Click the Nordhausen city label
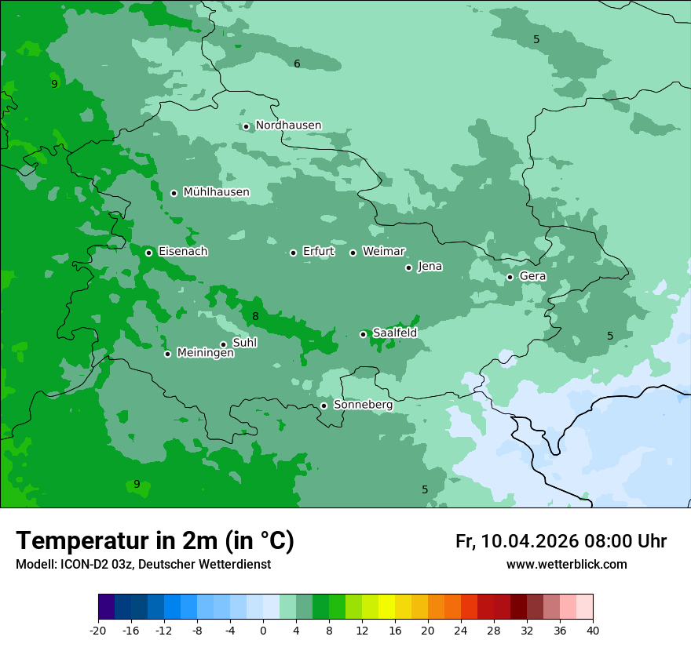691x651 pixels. point(288,125)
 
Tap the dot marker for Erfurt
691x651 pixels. point(293,253)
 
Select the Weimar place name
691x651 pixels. point(383,252)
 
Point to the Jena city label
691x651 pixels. point(430,267)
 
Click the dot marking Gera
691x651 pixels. point(510,277)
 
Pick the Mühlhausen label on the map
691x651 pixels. point(216,192)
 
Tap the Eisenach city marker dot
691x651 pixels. point(148,253)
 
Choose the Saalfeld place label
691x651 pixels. point(394,333)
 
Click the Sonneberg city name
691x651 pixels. point(363,406)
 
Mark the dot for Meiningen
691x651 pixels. point(167,354)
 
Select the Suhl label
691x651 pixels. point(244,343)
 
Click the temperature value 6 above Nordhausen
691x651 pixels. point(297,64)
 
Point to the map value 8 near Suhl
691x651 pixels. point(255,317)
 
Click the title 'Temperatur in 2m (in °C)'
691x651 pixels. point(155,541)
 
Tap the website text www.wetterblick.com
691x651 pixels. point(566,565)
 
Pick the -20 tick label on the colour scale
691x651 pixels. point(98,630)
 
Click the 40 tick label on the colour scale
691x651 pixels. point(592,630)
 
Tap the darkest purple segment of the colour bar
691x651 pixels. point(106,607)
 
